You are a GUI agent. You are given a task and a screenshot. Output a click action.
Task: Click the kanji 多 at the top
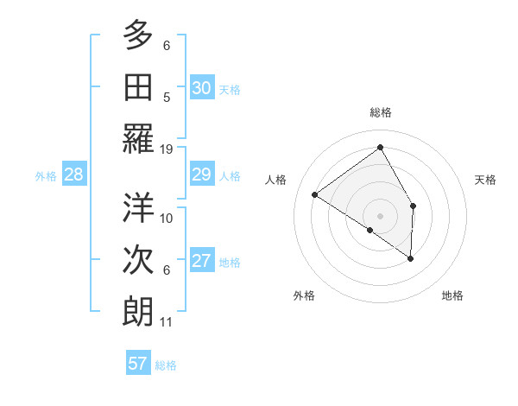click(138, 35)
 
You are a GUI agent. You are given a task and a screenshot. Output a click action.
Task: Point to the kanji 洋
click(138, 208)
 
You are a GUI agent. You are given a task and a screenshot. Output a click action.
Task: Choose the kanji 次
click(138, 260)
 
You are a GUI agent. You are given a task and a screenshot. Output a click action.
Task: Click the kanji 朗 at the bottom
click(138, 312)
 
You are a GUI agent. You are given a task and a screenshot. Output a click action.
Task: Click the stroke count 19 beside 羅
click(167, 149)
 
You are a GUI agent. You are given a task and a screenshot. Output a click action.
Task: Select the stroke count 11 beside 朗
click(167, 322)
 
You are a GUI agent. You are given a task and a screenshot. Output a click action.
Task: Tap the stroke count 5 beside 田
click(167, 97)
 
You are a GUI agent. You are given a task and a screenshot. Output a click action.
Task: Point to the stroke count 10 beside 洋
click(167, 218)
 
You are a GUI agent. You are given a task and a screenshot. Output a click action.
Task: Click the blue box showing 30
click(201, 88)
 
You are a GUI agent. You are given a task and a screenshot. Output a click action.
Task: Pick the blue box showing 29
click(201, 174)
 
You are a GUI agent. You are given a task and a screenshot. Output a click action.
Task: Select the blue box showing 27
click(201, 261)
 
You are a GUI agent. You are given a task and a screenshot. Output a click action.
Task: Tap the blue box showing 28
click(74, 174)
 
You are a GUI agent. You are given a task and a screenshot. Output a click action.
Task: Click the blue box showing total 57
click(138, 364)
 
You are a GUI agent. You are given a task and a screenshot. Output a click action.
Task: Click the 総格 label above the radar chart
click(380, 112)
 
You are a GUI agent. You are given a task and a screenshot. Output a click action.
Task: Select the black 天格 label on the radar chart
click(485, 180)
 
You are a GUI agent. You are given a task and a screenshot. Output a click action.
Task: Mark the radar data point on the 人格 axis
click(315, 194)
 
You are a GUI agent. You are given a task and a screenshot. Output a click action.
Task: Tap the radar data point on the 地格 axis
click(411, 258)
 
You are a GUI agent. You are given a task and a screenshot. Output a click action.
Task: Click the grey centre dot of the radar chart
click(380, 215)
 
